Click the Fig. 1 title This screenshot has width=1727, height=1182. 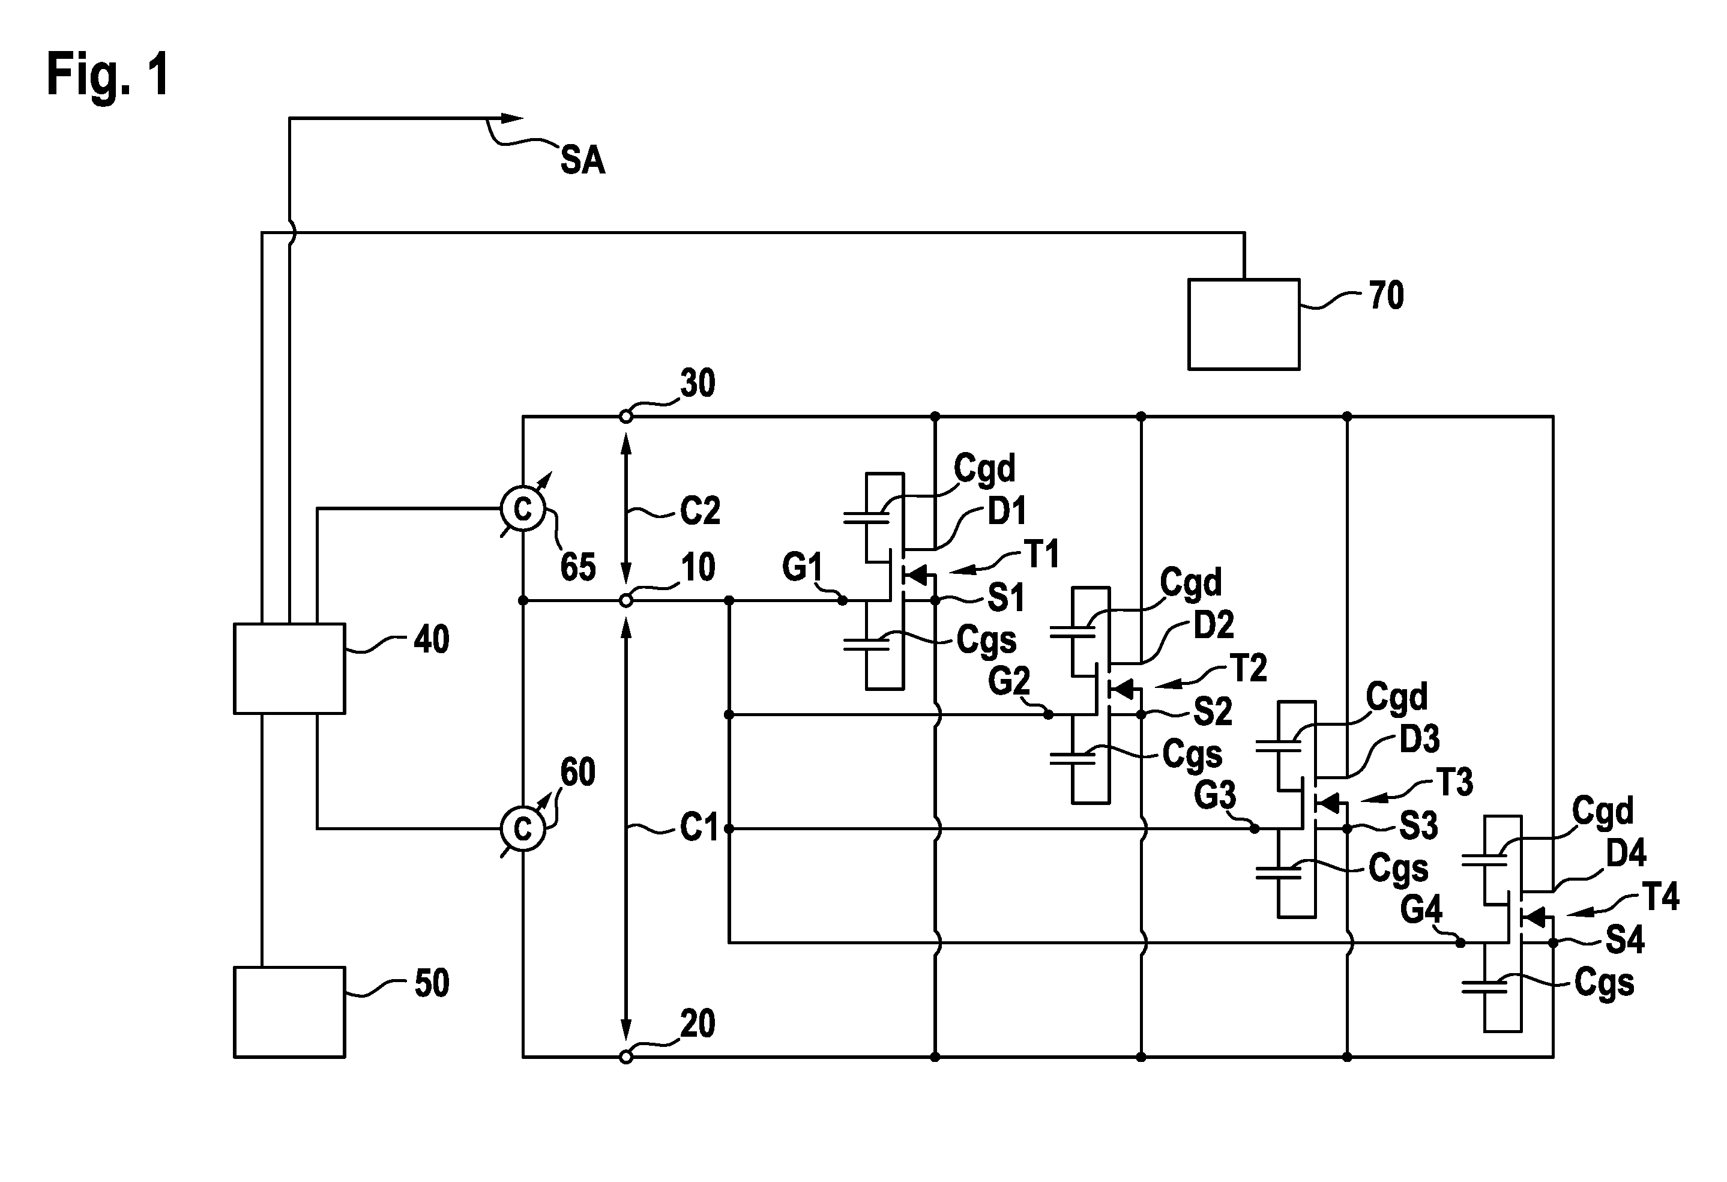point(109,74)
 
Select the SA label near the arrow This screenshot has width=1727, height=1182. point(583,160)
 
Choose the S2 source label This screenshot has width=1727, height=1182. point(1213,713)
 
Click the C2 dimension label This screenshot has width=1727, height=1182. point(700,510)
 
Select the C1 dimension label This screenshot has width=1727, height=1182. point(700,827)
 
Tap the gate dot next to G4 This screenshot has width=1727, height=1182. point(1460,942)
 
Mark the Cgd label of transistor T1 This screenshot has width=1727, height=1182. point(984,469)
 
